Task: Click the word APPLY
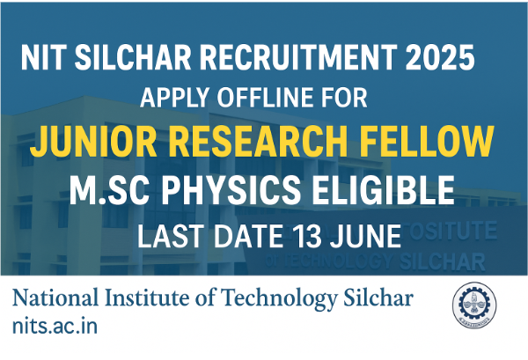(175, 98)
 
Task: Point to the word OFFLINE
(267, 98)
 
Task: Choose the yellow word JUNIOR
(93, 142)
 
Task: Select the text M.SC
(109, 190)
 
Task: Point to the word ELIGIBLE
(384, 190)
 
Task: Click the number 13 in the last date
(307, 237)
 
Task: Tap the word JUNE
(365, 237)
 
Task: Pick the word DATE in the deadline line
(248, 237)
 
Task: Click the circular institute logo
(474, 305)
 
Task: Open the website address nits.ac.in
(55, 326)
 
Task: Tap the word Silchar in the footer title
(378, 298)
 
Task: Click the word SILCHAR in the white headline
(133, 57)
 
